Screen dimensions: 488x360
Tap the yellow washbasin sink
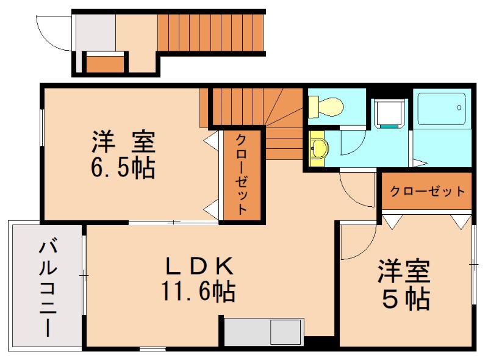coord(318,148)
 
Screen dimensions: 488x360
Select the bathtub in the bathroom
coord(441,109)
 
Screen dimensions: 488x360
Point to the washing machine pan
coord(389,114)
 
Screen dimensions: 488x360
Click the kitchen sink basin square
coord(285,332)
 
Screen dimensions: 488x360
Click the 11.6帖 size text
coord(199,292)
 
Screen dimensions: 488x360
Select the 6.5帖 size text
coord(123,168)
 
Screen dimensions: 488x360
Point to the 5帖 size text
coord(406,300)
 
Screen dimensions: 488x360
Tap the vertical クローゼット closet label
coord(242,175)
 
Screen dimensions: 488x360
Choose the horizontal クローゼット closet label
coord(428,191)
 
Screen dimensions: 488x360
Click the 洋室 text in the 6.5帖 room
coord(123,142)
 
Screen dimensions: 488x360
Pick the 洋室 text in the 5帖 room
coord(404,272)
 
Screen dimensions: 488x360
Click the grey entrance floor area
coord(96,33)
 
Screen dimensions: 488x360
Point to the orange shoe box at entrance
coord(104,64)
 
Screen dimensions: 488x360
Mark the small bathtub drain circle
coord(459,108)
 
